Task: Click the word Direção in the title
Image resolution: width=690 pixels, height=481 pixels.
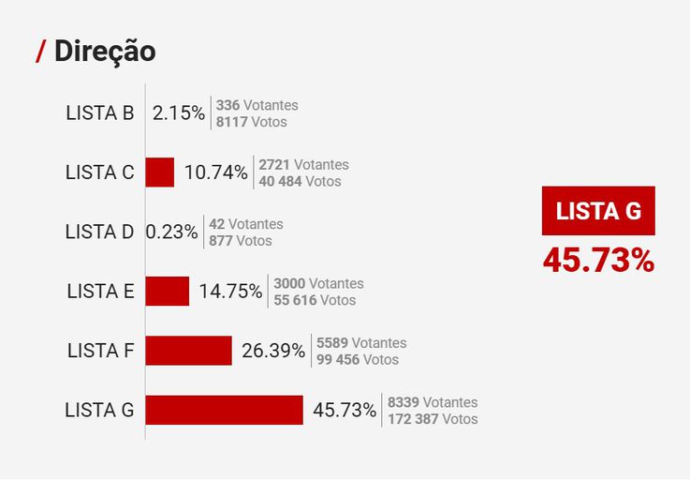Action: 105,52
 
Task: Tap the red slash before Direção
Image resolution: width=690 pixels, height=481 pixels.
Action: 40,53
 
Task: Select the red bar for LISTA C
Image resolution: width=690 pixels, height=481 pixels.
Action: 160,173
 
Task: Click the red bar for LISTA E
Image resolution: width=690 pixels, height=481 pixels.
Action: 168,291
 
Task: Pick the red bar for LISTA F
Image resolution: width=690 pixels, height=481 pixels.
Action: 188,351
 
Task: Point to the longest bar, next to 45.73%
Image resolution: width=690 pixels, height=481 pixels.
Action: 225,410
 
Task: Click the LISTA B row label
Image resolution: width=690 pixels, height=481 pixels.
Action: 100,113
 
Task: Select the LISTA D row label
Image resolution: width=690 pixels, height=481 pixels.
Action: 100,232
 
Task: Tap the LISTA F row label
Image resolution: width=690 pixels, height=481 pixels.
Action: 101,351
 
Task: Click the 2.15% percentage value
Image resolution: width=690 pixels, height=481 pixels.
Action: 179,113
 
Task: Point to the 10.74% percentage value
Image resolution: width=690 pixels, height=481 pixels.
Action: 216,173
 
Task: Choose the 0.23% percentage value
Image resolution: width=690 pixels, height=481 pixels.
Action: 172,232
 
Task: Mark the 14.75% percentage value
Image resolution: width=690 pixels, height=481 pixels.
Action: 230,291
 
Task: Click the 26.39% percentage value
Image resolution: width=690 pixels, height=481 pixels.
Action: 273,351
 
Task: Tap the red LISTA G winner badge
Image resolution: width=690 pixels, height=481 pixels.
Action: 598,211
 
